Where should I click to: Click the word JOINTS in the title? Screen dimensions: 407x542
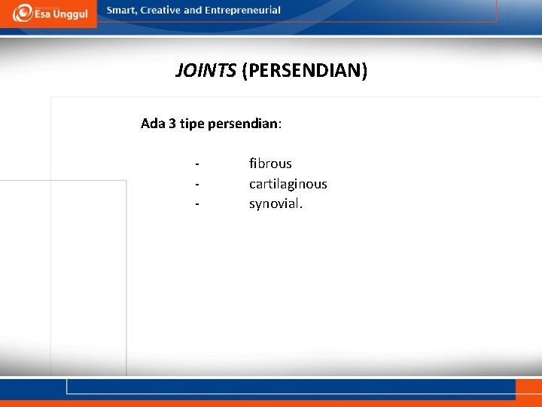206,71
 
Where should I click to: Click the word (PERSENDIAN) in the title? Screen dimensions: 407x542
305,72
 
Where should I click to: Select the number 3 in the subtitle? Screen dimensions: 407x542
172,124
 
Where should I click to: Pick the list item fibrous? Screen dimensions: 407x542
270,164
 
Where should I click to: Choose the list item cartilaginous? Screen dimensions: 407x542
288,184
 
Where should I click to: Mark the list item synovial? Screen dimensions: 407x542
276,203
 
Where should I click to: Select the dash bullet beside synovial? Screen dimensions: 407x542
197,203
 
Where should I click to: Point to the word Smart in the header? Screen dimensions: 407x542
123,11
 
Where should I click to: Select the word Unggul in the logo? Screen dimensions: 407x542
71,15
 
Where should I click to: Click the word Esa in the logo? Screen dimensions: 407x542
42,15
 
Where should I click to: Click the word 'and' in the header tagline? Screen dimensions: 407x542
193,11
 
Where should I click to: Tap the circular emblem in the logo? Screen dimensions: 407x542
22,13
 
